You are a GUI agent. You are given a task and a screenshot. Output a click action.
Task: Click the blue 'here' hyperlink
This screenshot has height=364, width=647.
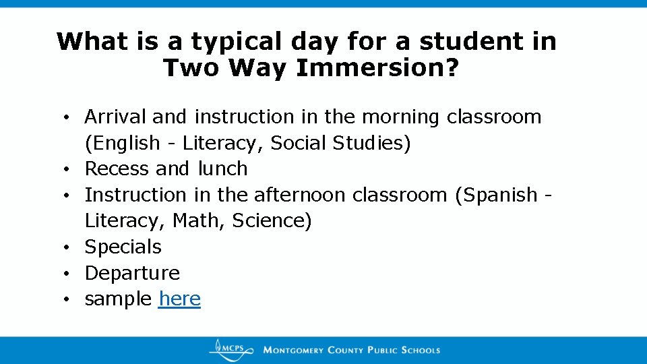coord(179,299)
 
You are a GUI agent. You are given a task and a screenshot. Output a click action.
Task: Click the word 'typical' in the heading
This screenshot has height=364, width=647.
coord(235,42)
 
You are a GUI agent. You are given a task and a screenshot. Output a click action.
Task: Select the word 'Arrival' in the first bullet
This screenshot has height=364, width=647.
coord(115,117)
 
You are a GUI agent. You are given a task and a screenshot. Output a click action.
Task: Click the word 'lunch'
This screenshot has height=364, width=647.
coord(222,169)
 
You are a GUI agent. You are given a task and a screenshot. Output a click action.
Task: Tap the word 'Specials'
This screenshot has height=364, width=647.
coord(123,247)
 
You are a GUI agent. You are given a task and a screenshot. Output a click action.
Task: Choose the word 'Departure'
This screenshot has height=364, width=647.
coord(132,273)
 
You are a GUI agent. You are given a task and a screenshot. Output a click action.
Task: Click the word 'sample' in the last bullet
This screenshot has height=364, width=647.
coord(118,299)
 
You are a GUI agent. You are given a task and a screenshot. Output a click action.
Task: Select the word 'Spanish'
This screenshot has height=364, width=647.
coord(496,195)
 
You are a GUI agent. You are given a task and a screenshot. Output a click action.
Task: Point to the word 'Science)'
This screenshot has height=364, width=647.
coord(272,220)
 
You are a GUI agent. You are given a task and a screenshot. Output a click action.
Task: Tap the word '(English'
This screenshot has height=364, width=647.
coord(123,143)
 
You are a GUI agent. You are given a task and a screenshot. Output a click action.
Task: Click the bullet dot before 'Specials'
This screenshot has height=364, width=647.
coord(70,247)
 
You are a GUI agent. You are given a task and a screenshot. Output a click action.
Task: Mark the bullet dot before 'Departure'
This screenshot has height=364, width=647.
coord(70,274)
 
